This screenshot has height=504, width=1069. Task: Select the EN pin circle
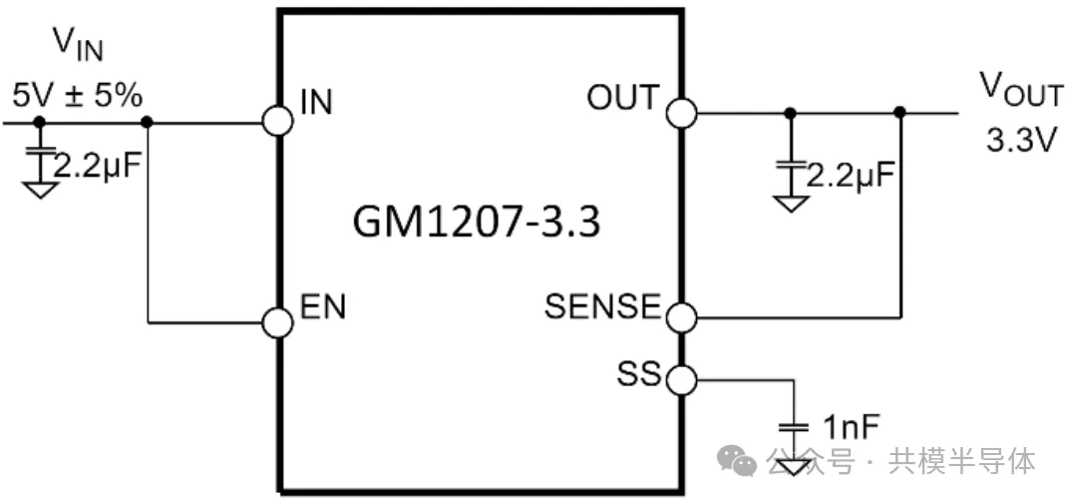pyautogui.click(x=278, y=322)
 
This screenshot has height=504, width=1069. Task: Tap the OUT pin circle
pyautogui.click(x=682, y=113)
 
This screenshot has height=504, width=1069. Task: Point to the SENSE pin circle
pyautogui.click(x=682, y=318)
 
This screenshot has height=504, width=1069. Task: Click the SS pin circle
pyautogui.click(x=682, y=379)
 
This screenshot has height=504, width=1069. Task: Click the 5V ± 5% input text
pyautogui.click(x=77, y=97)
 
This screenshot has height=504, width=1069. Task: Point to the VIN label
pyautogui.click(x=78, y=46)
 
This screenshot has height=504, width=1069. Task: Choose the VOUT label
pyautogui.click(x=1020, y=91)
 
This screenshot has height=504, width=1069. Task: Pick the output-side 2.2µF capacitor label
pyautogui.click(x=850, y=177)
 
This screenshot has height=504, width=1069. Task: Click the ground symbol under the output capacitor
pyautogui.click(x=791, y=203)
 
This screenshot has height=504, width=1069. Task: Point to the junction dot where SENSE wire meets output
pyautogui.click(x=900, y=113)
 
